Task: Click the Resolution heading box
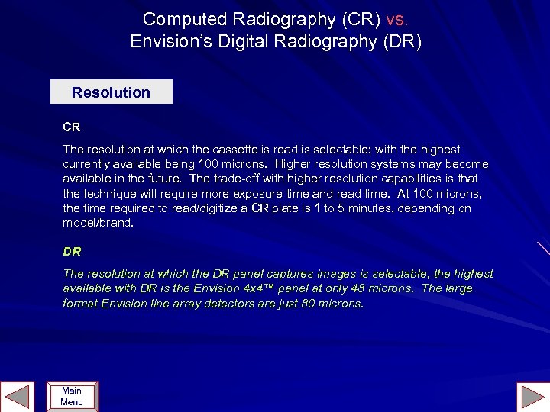click(112, 92)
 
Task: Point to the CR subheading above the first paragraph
click(72, 127)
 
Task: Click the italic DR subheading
click(72, 251)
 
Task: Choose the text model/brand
click(98, 222)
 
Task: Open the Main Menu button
click(72, 397)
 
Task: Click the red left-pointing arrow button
click(17, 397)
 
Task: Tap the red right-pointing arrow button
click(532, 397)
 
